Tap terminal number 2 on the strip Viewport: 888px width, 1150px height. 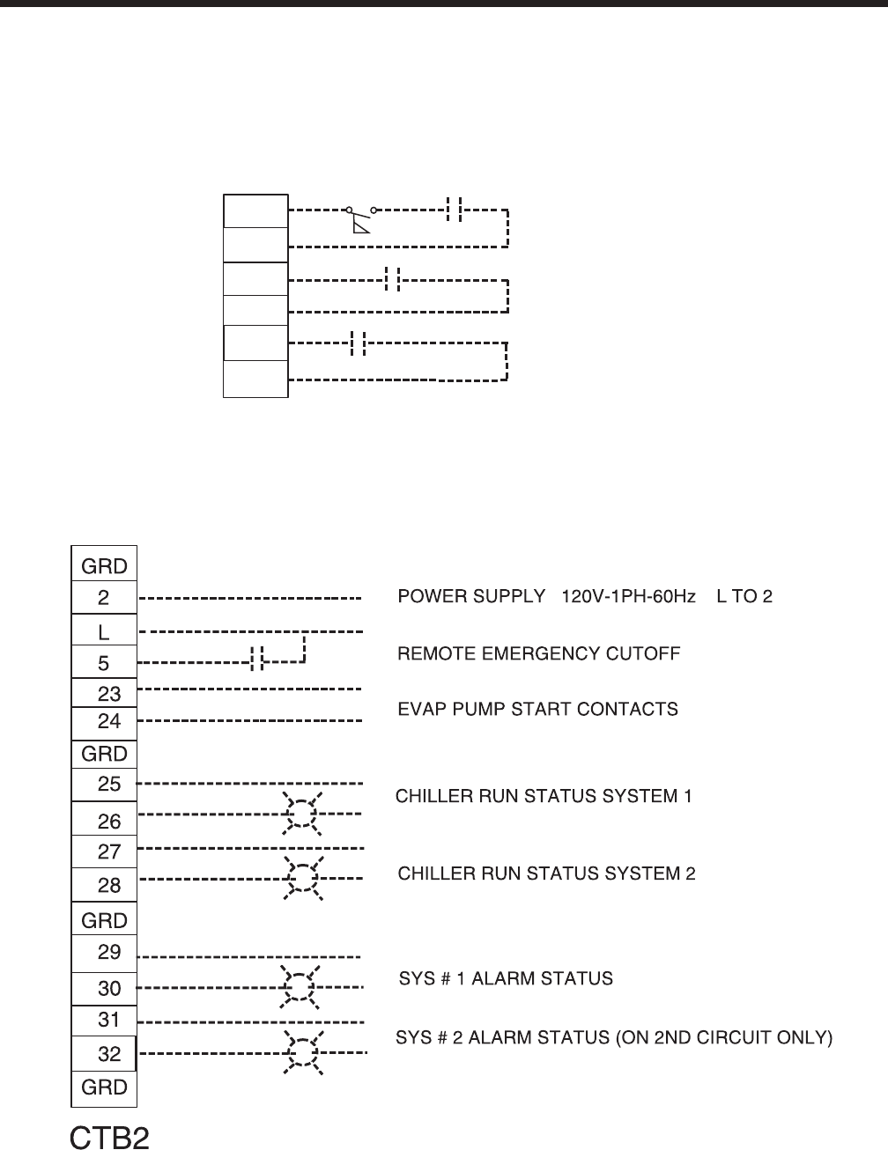pos(104,598)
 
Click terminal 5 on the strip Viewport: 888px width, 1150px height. pos(104,662)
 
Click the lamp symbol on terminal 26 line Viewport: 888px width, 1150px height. pos(301,813)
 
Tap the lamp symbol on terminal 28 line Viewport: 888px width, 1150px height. pos(302,878)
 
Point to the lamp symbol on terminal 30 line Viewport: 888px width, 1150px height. pos(300,987)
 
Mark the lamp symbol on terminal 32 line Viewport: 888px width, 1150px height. pos(302,1053)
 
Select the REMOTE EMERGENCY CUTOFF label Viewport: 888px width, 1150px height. pos(539,653)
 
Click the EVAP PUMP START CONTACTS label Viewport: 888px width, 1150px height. pos(538,709)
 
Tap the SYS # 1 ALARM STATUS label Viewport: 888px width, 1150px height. pos(506,978)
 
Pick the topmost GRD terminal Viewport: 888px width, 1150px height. pos(104,565)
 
